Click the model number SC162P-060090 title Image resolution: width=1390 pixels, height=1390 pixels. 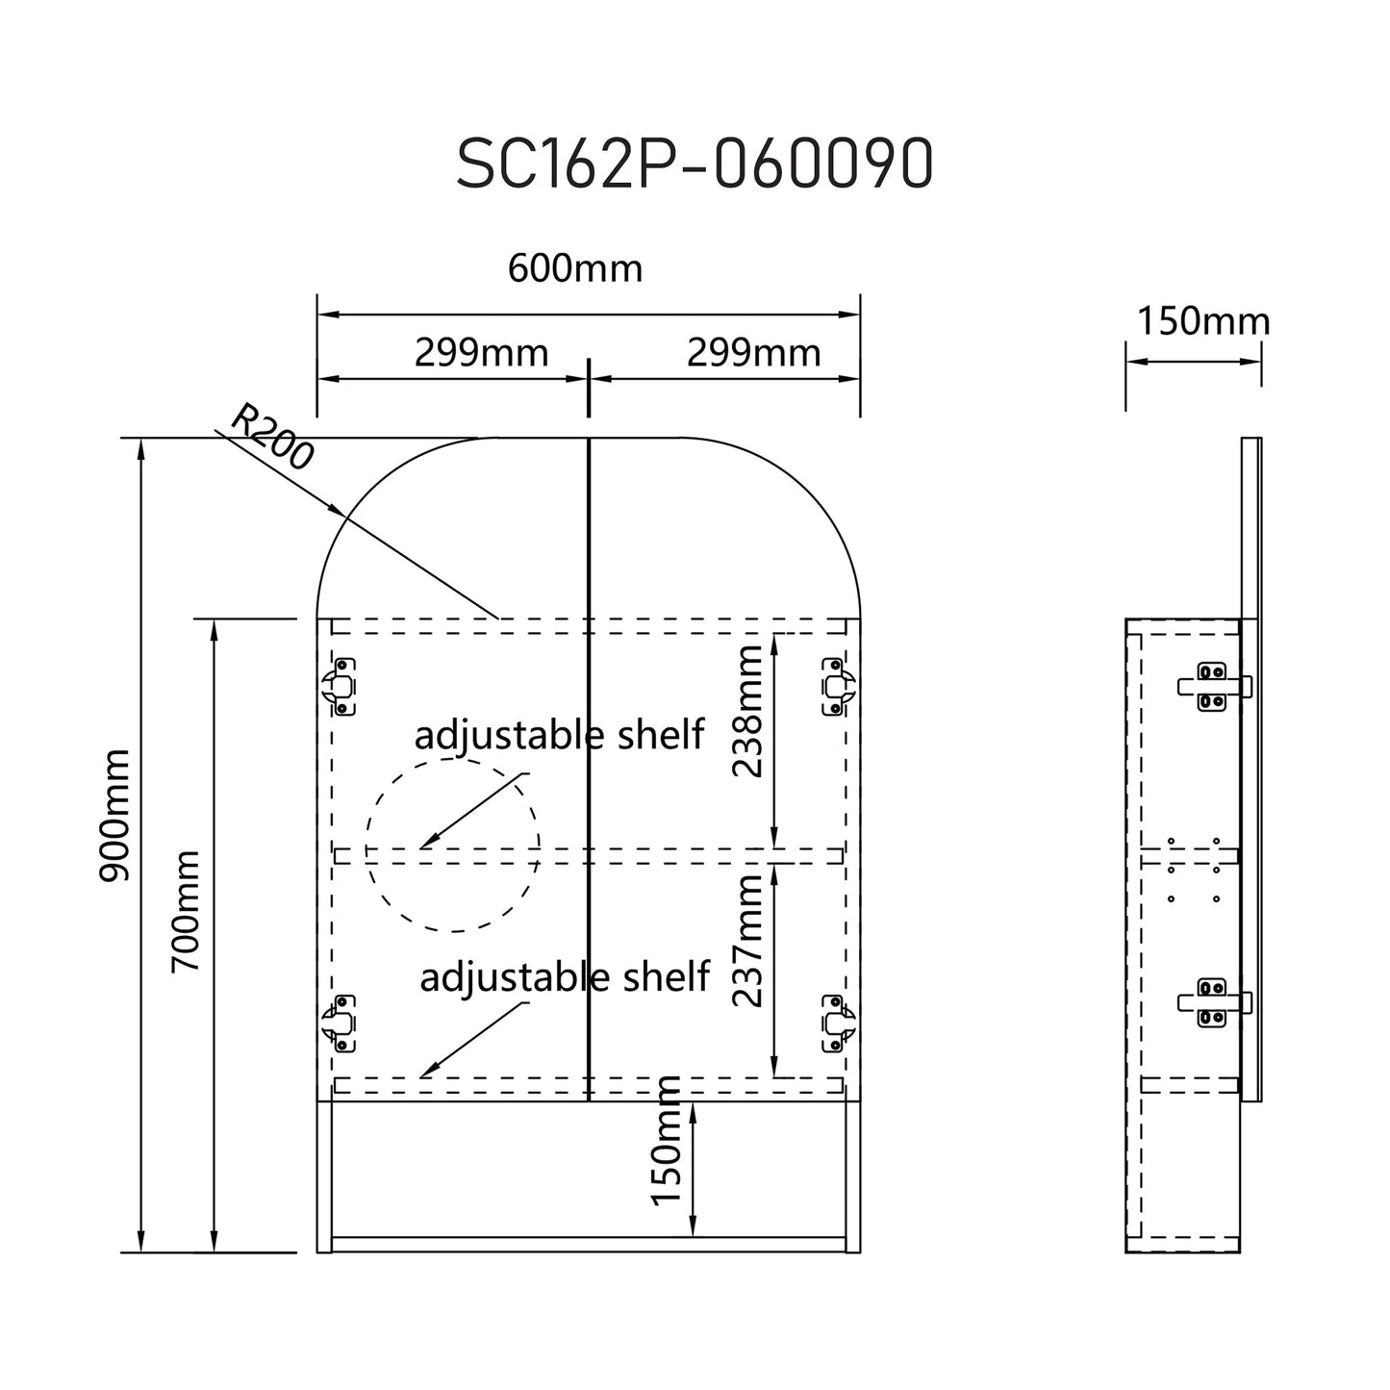click(694, 164)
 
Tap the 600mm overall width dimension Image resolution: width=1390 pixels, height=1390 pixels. click(575, 268)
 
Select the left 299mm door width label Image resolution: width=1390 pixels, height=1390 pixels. click(481, 353)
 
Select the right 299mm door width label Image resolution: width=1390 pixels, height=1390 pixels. click(753, 353)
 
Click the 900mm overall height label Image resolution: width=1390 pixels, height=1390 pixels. click(114, 816)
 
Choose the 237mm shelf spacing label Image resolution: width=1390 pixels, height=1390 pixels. click(747, 941)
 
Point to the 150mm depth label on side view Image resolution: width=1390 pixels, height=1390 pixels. click(1203, 321)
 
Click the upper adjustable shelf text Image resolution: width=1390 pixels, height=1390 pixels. click(559, 735)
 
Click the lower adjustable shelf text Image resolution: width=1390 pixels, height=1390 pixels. click(565, 977)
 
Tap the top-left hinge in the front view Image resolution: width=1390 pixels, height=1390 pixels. click(340, 686)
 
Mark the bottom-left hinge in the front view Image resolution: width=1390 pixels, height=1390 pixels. click(340, 1023)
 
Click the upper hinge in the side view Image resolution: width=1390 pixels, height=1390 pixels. click(1213, 686)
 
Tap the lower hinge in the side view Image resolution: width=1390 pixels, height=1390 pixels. click(1213, 1002)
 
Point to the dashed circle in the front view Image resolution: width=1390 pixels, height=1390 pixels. click(452, 845)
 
